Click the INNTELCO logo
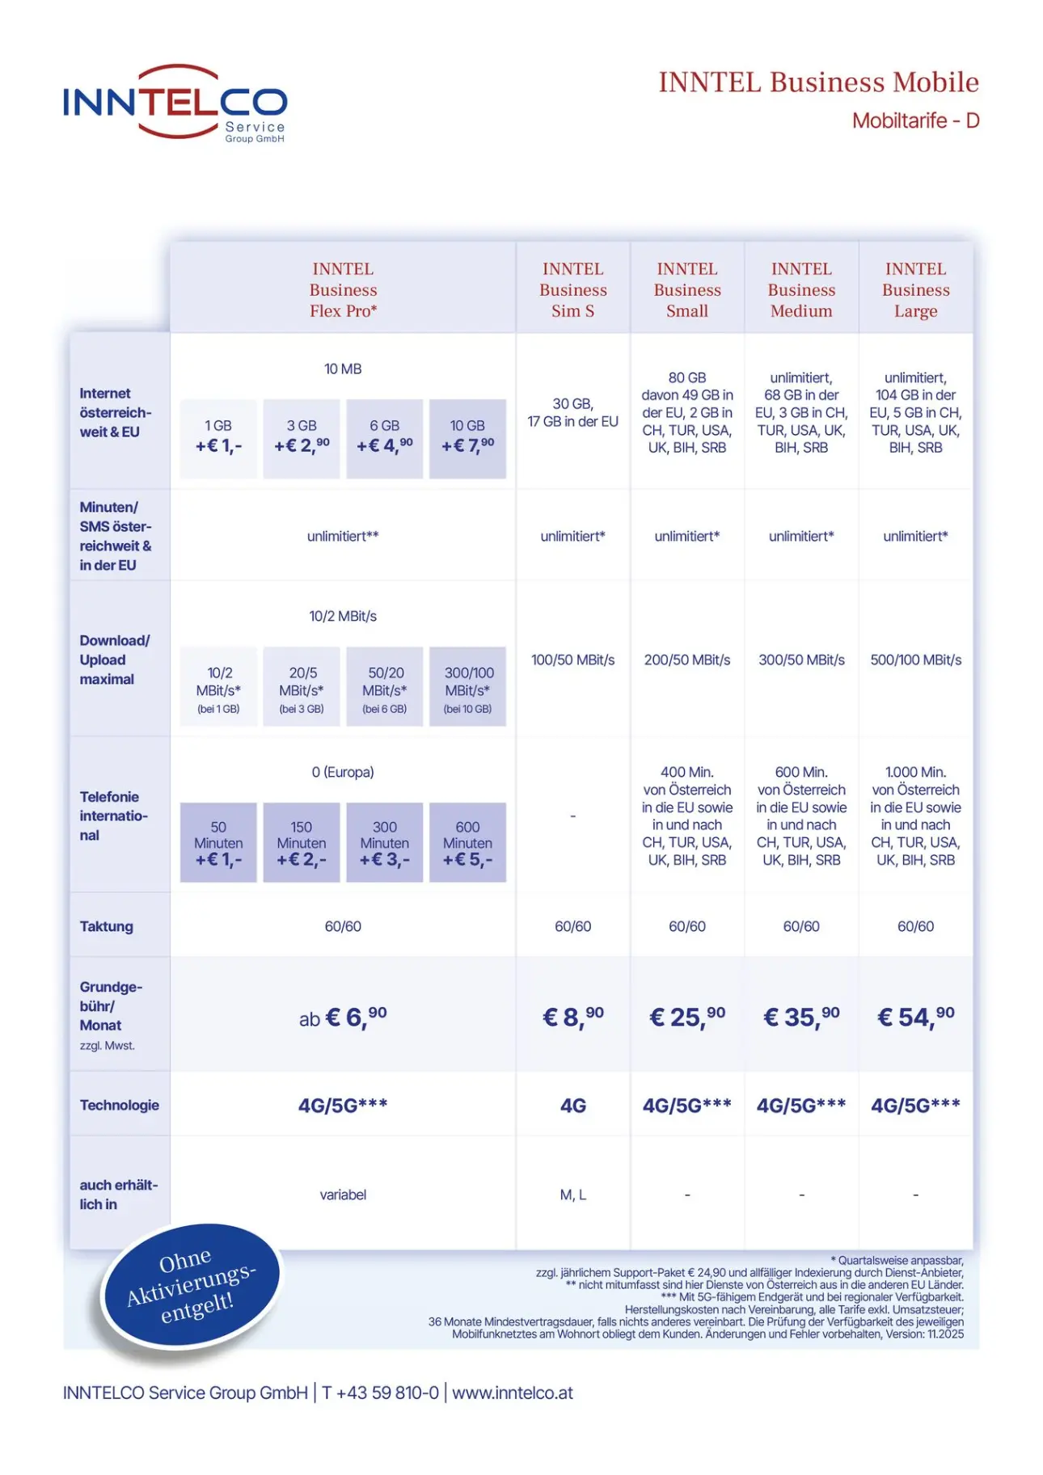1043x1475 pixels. pos(175,103)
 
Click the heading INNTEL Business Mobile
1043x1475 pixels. pos(817,82)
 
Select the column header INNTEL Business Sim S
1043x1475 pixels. pos(572,289)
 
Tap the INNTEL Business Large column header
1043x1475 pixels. pos(915,289)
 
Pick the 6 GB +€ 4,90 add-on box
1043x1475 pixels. pos(385,438)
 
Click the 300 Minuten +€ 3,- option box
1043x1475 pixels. pos(385,842)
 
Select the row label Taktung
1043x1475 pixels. pos(106,926)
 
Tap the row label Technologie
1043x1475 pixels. pos(119,1105)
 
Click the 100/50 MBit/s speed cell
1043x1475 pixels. pos(572,660)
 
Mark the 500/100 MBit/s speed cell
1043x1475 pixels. pos(915,660)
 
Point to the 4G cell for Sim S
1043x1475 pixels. pos(572,1105)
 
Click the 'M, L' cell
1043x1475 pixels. pos(572,1195)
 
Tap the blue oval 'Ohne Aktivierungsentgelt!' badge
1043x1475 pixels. pos(191,1284)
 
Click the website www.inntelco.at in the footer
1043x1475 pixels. pos(513,1393)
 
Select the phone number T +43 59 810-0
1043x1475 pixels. pos(380,1393)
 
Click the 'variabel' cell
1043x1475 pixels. pos(343,1195)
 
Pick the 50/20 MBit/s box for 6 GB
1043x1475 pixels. pos(385,686)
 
